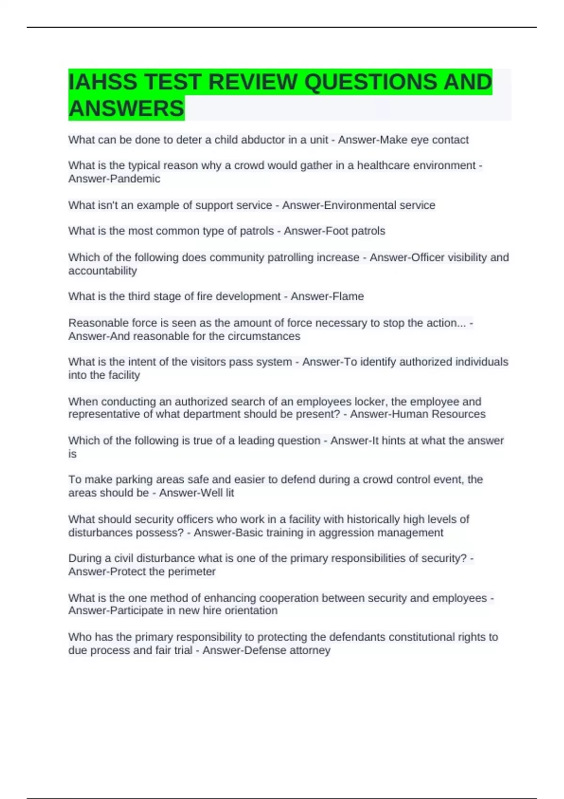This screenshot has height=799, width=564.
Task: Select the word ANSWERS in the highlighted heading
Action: (126, 109)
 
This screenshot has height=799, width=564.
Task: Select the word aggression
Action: (346, 533)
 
